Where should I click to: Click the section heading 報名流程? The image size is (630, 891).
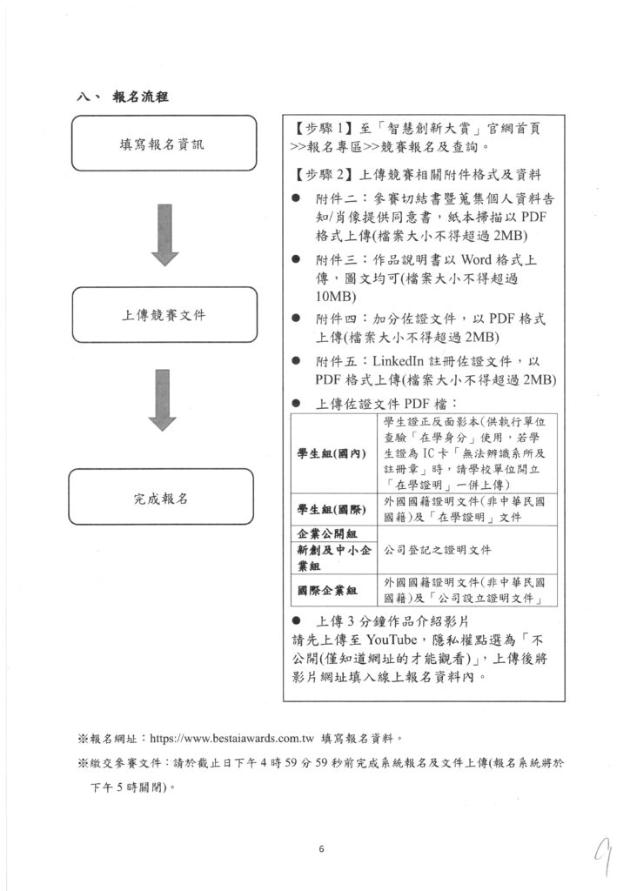(x=146, y=97)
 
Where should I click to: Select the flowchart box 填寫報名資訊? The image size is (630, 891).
(x=163, y=144)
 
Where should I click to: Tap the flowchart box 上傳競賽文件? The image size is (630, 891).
(x=164, y=315)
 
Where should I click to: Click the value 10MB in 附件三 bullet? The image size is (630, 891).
(x=335, y=297)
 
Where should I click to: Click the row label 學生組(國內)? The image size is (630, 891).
(x=332, y=453)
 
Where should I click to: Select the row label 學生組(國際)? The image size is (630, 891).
(x=332, y=509)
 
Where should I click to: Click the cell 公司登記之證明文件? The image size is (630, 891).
(x=439, y=551)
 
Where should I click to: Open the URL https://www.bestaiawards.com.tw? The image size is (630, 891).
(x=231, y=739)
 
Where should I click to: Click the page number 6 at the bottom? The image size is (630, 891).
(x=321, y=849)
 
